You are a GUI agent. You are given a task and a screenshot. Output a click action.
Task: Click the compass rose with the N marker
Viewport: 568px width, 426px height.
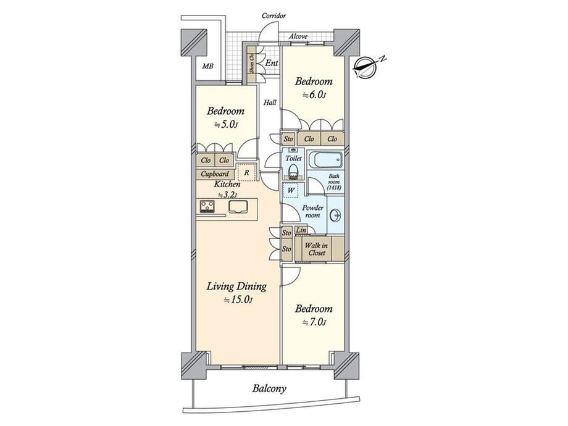pos(367,67)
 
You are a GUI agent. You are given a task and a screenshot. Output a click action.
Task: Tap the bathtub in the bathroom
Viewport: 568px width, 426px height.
pos(325,159)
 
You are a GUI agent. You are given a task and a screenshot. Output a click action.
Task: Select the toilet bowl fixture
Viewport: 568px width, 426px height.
pos(293,170)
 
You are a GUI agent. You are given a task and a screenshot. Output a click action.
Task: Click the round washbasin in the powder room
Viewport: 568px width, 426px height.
pos(335,216)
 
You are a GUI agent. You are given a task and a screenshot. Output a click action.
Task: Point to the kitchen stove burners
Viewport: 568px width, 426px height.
pos(207,206)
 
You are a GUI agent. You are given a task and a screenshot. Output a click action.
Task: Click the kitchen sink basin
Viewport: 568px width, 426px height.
pos(238,206)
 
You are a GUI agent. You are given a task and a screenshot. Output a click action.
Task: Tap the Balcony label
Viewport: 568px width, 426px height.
pos(269,389)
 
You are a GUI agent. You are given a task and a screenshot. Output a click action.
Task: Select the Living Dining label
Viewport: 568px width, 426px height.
pos(236,286)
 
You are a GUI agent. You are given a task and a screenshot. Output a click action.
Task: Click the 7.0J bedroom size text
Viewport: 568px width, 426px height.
pos(314,322)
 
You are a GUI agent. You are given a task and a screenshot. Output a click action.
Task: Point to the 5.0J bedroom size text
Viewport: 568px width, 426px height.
pos(225,125)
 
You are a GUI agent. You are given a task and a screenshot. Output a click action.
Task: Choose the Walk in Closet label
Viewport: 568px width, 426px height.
pos(316,249)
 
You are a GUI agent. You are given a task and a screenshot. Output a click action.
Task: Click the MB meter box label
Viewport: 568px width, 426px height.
pos(208,66)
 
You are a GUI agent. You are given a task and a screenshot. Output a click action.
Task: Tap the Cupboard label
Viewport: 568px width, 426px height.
pos(215,174)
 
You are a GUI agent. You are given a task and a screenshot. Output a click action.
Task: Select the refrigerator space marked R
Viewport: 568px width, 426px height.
pos(247,172)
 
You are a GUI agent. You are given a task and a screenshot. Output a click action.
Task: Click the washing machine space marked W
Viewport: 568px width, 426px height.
pos(291,190)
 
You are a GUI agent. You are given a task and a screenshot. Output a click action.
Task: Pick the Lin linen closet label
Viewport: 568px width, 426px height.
pos(301,230)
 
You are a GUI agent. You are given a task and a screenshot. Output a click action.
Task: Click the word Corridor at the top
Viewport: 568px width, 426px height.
pos(274,15)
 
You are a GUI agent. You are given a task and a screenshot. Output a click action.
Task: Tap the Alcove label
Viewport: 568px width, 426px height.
pos(298,36)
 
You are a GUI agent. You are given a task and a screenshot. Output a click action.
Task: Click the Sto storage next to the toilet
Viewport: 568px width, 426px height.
pos(288,139)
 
